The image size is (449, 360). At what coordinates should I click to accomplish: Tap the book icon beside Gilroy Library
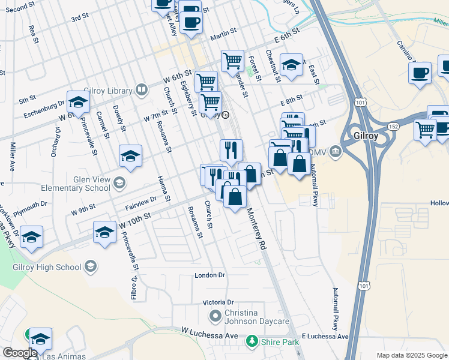[x=142, y=91]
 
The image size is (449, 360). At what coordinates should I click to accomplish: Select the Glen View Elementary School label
[x=75, y=183]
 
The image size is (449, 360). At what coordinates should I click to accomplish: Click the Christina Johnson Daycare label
[x=257, y=317]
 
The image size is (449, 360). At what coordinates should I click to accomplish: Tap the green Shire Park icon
[x=252, y=342]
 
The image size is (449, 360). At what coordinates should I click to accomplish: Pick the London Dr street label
[x=209, y=275]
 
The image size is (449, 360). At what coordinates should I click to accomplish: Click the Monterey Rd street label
[x=256, y=228]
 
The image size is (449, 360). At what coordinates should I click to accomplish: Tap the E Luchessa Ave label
[x=325, y=337]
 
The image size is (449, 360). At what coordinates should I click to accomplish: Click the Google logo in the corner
[x=20, y=353]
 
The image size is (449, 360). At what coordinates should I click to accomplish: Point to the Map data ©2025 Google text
[x=411, y=355]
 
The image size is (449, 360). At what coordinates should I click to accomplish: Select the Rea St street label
[x=33, y=34]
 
